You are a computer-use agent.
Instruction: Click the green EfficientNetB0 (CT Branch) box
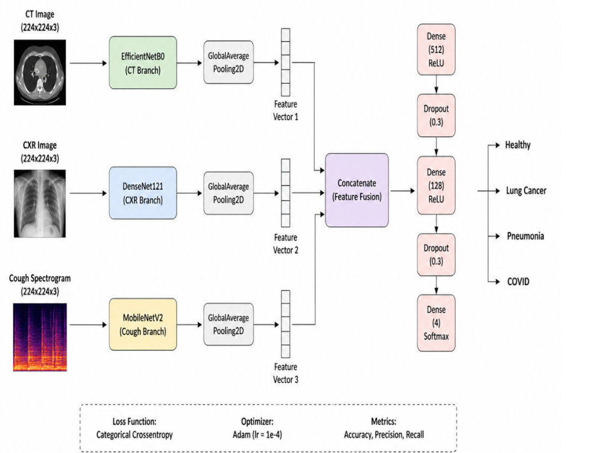coord(143,63)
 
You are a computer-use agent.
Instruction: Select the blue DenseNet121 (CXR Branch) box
coord(143,193)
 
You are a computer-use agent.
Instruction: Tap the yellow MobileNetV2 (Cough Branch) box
coord(143,324)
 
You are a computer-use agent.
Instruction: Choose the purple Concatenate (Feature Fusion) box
coord(357,190)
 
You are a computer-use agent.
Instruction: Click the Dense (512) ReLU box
coord(436,50)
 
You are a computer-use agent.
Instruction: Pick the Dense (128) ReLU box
coord(436,185)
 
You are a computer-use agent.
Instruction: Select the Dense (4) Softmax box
coord(436,323)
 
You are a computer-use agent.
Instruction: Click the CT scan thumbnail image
coord(40,72)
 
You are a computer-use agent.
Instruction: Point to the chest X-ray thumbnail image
coord(40,204)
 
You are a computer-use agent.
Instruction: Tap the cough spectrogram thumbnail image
coord(40,337)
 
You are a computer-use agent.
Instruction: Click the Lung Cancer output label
coord(526,191)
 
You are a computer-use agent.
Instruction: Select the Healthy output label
coord(517,145)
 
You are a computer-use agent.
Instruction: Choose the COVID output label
coord(518,281)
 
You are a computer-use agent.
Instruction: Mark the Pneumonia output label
coord(525,236)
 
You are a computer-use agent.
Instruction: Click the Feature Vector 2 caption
coord(285,244)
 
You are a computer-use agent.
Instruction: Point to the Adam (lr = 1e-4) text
coord(257,435)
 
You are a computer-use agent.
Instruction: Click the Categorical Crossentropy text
coord(134,435)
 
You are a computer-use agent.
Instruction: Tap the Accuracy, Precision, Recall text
coord(384,435)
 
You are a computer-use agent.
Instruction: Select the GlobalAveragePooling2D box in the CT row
coord(229,62)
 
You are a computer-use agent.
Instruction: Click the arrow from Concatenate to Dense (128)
coord(403,191)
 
